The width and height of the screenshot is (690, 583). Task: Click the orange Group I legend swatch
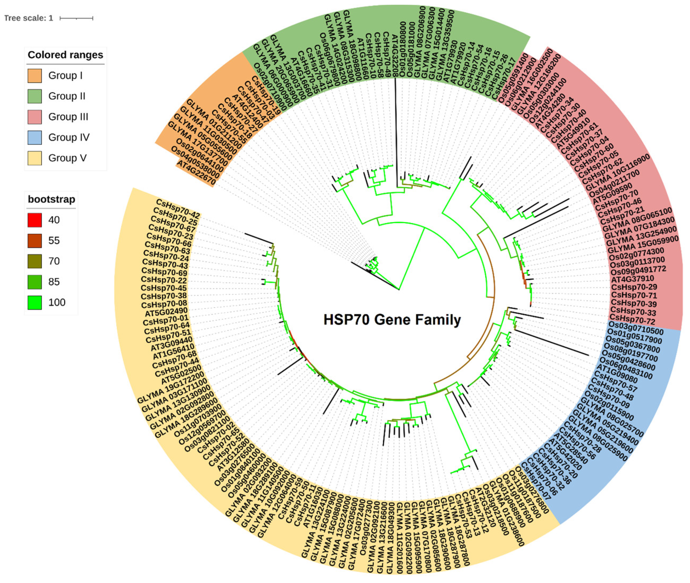click(35, 76)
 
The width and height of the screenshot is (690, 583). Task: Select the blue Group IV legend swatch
click(35, 137)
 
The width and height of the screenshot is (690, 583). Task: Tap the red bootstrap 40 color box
click(35, 220)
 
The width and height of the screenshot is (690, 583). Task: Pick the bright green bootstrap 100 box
click(35, 302)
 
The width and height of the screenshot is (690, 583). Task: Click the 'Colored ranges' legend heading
click(65, 55)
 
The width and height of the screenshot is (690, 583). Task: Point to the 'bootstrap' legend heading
click(52, 199)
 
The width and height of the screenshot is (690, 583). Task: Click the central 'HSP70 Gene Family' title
click(392, 320)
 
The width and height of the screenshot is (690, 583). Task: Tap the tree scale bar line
click(76, 18)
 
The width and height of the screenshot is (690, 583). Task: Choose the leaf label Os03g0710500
click(635, 328)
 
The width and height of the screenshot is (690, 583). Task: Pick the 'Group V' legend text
click(67, 158)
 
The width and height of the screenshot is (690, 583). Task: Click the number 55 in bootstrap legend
click(54, 241)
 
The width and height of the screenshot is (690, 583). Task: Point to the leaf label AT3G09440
click(171, 344)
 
